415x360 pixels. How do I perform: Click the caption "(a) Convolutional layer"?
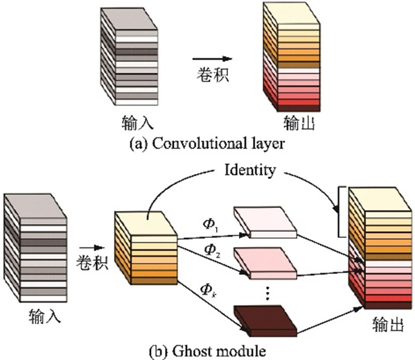207,144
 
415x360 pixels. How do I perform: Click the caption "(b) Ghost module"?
208,351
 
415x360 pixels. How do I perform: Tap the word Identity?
250,170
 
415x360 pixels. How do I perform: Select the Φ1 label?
211,225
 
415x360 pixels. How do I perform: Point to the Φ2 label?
212,250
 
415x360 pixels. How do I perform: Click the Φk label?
209,289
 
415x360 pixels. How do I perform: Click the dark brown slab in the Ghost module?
265,321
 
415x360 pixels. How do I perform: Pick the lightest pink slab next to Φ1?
265,223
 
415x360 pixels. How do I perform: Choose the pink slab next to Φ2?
265,264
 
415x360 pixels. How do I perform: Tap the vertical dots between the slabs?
267,293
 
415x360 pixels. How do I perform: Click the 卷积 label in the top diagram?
213,74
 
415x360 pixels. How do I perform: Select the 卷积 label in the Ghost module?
92,262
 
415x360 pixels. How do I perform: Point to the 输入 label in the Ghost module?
45,316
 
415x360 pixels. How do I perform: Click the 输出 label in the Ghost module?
388,324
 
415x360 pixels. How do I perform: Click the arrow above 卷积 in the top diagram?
212,59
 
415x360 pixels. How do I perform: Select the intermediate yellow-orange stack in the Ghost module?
145,248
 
